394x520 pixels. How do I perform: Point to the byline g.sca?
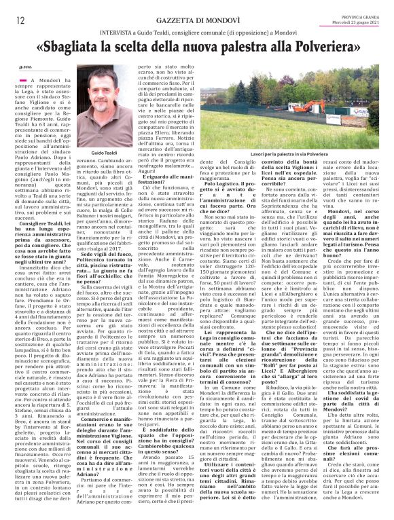[26, 67]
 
